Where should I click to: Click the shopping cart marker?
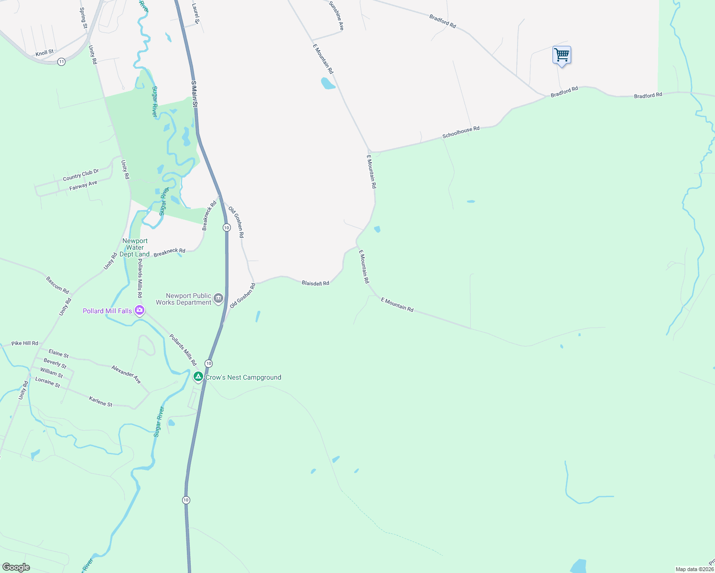click(562, 55)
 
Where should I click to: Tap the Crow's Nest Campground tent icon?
click(198, 377)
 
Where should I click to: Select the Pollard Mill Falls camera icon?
click(140, 311)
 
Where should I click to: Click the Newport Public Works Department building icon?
click(218, 299)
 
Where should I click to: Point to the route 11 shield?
click(61, 62)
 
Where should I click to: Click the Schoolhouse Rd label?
click(461, 132)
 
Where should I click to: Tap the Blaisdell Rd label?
click(315, 283)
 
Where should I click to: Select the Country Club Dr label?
click(81, 175)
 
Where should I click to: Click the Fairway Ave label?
click(83, 185)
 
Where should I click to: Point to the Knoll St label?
click(44, 53)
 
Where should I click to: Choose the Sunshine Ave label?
click(336, 16)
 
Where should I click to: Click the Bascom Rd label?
click(57, 285)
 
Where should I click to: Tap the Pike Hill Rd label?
click(25, 343)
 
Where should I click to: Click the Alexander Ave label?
click(126, 374)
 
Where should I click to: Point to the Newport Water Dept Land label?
click(135, 248)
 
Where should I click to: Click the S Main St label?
click(195, 94)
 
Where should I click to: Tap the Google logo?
click(16, 567)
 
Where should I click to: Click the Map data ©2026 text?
click(694, 569)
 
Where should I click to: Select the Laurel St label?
click(195, 14)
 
